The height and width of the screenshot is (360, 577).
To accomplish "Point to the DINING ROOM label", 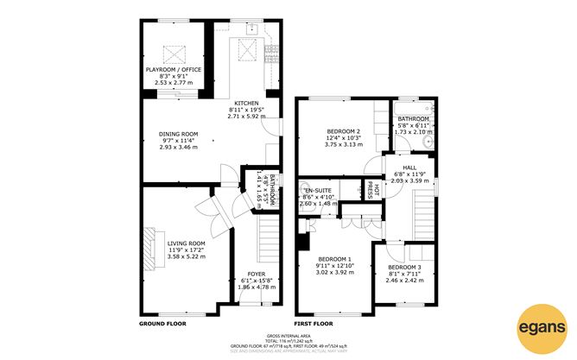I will coord(178,134).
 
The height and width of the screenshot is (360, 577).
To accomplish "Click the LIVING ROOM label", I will coord(187,243).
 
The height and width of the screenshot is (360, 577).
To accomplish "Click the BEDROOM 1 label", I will coord(333,259).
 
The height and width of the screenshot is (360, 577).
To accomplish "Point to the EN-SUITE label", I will coord(314,189).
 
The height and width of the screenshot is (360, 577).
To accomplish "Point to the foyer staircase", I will coord(268,235).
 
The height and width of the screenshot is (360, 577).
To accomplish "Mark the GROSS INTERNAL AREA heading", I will coord(288,335).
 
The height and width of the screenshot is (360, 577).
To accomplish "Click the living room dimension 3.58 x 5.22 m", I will coord(187,256).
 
